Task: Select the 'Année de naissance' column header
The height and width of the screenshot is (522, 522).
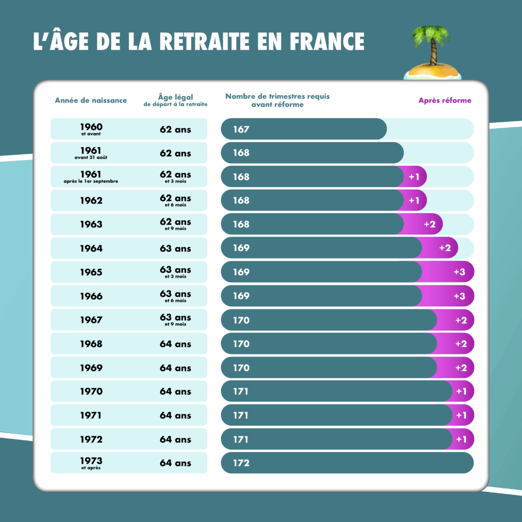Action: tap(91, 100)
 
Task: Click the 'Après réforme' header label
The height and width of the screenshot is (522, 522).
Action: tap(445, 100)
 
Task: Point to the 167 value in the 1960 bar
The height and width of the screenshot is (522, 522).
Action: tap(241, 129)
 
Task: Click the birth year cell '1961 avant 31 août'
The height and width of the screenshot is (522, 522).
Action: tap(91, 153)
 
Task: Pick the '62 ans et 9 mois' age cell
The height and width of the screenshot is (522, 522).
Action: tap(175, 224)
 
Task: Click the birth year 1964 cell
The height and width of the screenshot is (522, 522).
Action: tap(91, 248)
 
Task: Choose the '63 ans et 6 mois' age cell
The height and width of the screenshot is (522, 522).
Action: tap(175, 296)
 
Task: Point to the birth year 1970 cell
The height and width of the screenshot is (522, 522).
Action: tap(91, 391)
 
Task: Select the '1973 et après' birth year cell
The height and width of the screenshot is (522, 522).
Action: tap(91, 463)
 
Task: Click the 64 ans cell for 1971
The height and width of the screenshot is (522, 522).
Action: tap(175, 415)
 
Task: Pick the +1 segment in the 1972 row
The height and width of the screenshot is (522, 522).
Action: tap(461, 439)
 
